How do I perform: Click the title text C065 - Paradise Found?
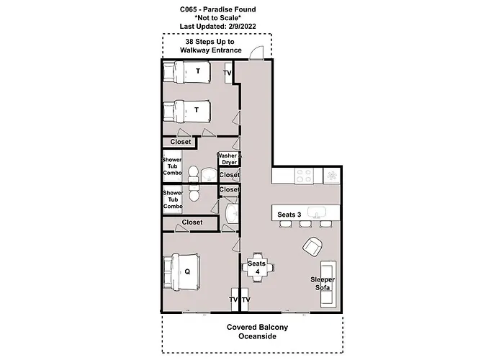pyautogui.click(x=217, y=9)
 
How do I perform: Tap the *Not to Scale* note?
pyautogui.click(x=217, y=18)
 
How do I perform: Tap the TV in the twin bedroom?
pyautogui.click(x=228, y=73)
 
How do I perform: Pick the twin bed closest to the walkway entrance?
pyautogui.click(x=186, y=72)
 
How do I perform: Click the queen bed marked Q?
pyautogui.click(x=186, y=272)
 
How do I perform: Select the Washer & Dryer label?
pyautogui.click(x=228, y=160)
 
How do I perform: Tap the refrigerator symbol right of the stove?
pyautogui.click(x=332, y=175)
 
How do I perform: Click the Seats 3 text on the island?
pyautogui.click(x=289, y=215)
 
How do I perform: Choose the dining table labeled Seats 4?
pyautogui.click(x=257, y=268)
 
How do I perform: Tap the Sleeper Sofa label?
pyautogui.click(x=322, y=283)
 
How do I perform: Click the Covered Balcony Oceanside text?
pyautogui.click(x=257, y=332)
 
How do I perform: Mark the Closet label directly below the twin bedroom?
pyautogui.click(x=181, y=142)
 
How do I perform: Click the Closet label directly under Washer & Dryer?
pyautogui.click(x=229, y=175)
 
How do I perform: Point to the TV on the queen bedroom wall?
pyautogui.click(x=233, y=300)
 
